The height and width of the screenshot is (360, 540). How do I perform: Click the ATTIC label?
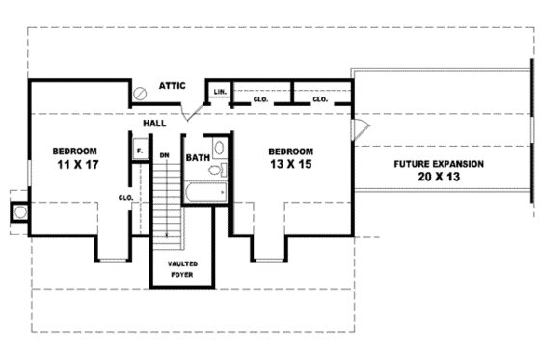(173, 86)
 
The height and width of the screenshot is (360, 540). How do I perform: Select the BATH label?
(198, 157)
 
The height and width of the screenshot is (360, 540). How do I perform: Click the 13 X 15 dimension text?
(290, 166)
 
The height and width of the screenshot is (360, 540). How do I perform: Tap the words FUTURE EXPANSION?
(438, 163)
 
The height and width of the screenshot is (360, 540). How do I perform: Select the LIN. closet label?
(219, 92)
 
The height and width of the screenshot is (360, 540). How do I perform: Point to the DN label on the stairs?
(165, 155)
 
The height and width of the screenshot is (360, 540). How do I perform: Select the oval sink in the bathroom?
(219, 148)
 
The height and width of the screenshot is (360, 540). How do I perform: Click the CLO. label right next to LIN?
(260, 98)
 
